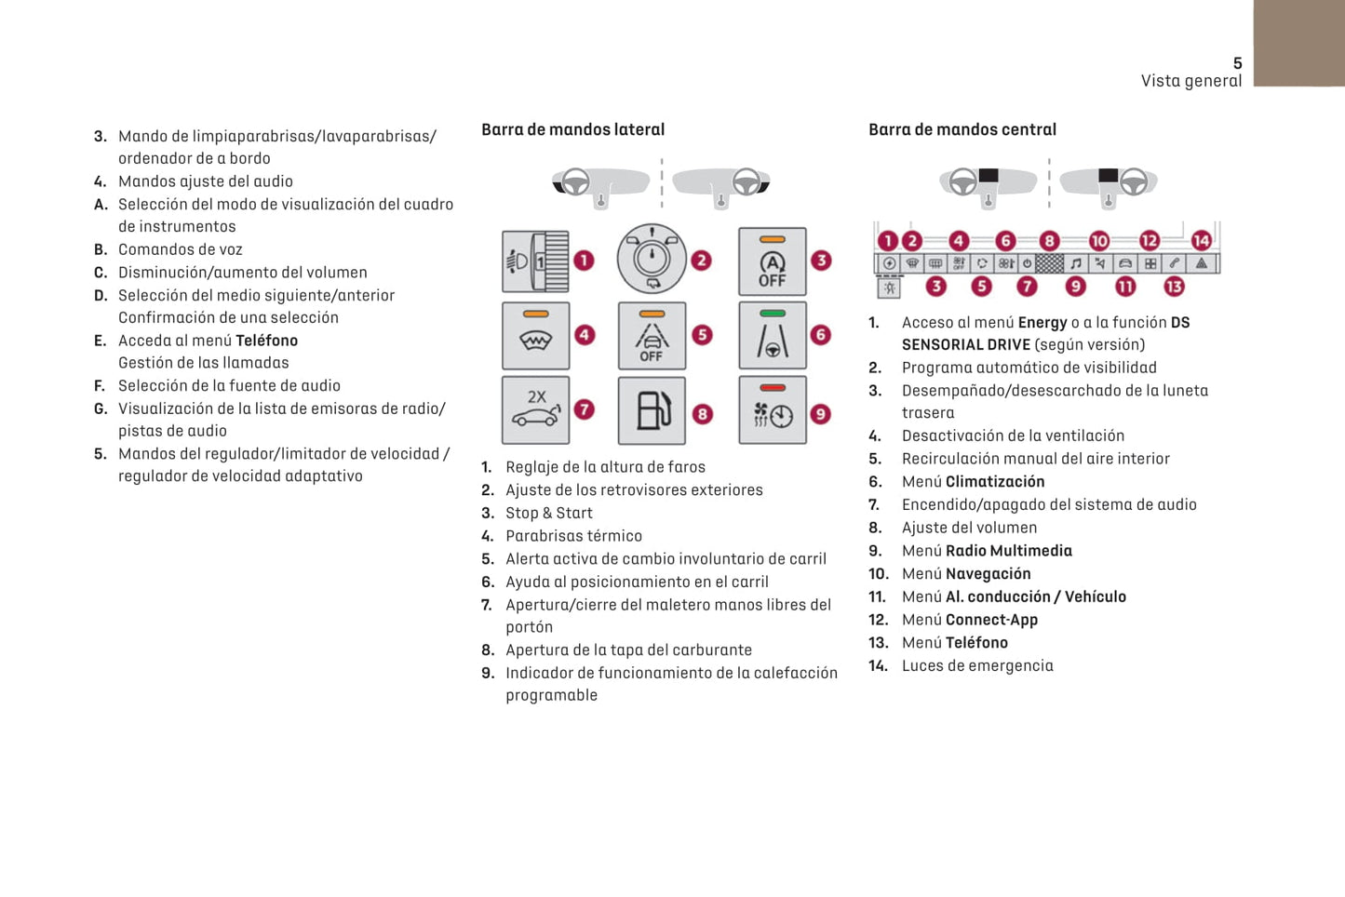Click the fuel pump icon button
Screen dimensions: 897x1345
(652, 410)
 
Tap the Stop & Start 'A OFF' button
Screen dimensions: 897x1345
(772, 261)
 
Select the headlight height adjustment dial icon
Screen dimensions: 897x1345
(535, 261)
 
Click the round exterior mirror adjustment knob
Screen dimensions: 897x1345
(652, 259)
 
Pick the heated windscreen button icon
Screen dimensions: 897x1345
(535, 336)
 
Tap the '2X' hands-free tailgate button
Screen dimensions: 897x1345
(535, 410)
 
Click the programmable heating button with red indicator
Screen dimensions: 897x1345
(772, 410)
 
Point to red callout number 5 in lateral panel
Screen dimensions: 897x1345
(703, 335)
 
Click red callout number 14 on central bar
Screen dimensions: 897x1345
(1202, 240)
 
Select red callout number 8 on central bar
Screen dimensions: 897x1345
(1049, 240)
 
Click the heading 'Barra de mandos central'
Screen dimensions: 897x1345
(962, 129)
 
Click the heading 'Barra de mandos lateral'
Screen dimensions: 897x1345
(572, 129)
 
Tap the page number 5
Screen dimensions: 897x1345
(1237, 63)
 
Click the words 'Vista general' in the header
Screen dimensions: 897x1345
(1190, 81)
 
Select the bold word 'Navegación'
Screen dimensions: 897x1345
(988, 573)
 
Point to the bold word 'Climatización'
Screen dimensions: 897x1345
(995, 481)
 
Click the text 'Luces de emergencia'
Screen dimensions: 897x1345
(977, 665)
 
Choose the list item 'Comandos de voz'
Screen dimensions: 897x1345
(180, 249)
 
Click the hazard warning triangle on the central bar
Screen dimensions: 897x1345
(1202, 263)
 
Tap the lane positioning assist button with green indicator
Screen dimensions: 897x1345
(772, 336)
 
